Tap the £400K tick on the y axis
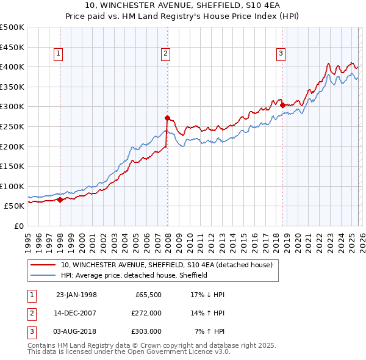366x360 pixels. click(12, 67)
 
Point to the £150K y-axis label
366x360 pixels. click(12, 166)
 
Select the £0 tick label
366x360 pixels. click(20, 226)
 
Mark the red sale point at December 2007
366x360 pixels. click(167, 118)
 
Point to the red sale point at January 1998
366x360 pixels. click(60, 200)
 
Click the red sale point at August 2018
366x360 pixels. click(282, 105)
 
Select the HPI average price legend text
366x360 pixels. click(134, 275)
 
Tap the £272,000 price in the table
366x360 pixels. click(146, 313)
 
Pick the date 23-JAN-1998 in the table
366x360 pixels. click(76, 295)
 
